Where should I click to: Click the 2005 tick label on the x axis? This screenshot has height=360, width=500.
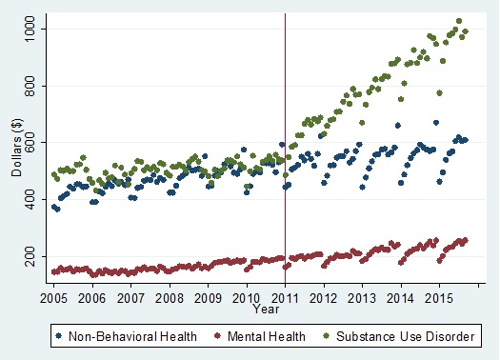tap(54, 298)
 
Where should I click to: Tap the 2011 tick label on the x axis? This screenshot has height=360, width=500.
tap(286, 298)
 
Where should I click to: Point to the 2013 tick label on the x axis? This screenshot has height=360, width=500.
tap(363, 298)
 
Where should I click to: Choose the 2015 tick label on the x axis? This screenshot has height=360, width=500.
tap(440, 298)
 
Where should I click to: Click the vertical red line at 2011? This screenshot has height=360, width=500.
tap(286, 143)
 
